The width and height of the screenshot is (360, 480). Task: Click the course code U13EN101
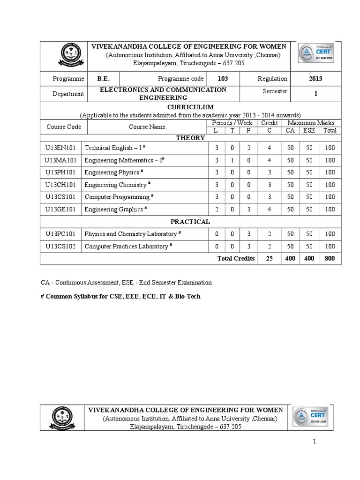[x=61, y=148]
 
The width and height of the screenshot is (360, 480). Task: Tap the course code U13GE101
[x=61, y=210]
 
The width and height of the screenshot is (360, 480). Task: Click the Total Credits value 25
[x=269, y=258]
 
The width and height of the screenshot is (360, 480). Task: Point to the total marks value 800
[x=330, y=258]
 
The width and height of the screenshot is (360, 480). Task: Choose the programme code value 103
[x=223, y=79]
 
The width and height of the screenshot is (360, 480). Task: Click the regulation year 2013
[x=315, y=79]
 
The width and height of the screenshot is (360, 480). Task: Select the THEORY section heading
[x=190, y=138]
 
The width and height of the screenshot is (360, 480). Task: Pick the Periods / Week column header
[x=232, y=123]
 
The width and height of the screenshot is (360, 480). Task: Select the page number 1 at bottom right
[x=315, y=442]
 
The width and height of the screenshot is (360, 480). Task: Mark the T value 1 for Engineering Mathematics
[x=232, y=160]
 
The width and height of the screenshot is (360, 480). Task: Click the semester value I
[x=315, y=94]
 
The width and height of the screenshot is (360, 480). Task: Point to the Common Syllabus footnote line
[x=121, y=297]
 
